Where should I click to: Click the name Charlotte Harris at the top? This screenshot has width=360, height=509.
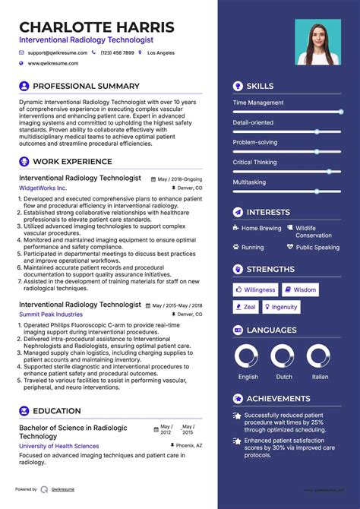pyautogui.click(x=96, y=27)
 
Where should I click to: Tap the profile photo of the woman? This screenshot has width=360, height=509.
pyautogui.click(x=317, y=43)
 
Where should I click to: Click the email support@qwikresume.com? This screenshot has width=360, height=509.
pyautogui.click(x=58, y=53)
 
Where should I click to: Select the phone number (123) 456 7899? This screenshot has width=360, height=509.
pyautogui.click(x=117, y=53)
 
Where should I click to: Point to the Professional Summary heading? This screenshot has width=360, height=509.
pyautogui.click(x=86, y=86)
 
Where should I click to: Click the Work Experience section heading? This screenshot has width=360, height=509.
pyautogui.click(x=72, y=161)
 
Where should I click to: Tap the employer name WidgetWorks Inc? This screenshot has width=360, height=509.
pyautogui.click(x=43, y=188)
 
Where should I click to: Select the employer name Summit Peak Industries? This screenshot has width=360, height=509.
pyautogui.click(x=51, y=314)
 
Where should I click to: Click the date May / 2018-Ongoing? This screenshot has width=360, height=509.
pyautogui.click(x=180, y=179)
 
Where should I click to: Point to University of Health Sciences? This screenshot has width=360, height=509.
pyautogui.click(x=58, y=446)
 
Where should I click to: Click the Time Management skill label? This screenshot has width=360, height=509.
pyautogui.click(x=258, y=103)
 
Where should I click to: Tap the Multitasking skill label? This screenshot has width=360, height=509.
pyautogui.click(x=249, y=182)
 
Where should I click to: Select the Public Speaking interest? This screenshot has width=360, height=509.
pyautogui.click(x=317, y=247)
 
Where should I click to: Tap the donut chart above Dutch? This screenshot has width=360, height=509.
pyautogui.click(x=283, y=356)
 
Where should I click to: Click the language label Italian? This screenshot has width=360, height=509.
pyautogui.click(x=321, y=377)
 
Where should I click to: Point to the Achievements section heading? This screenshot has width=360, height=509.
pyautogui.click(x=277, y=398)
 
